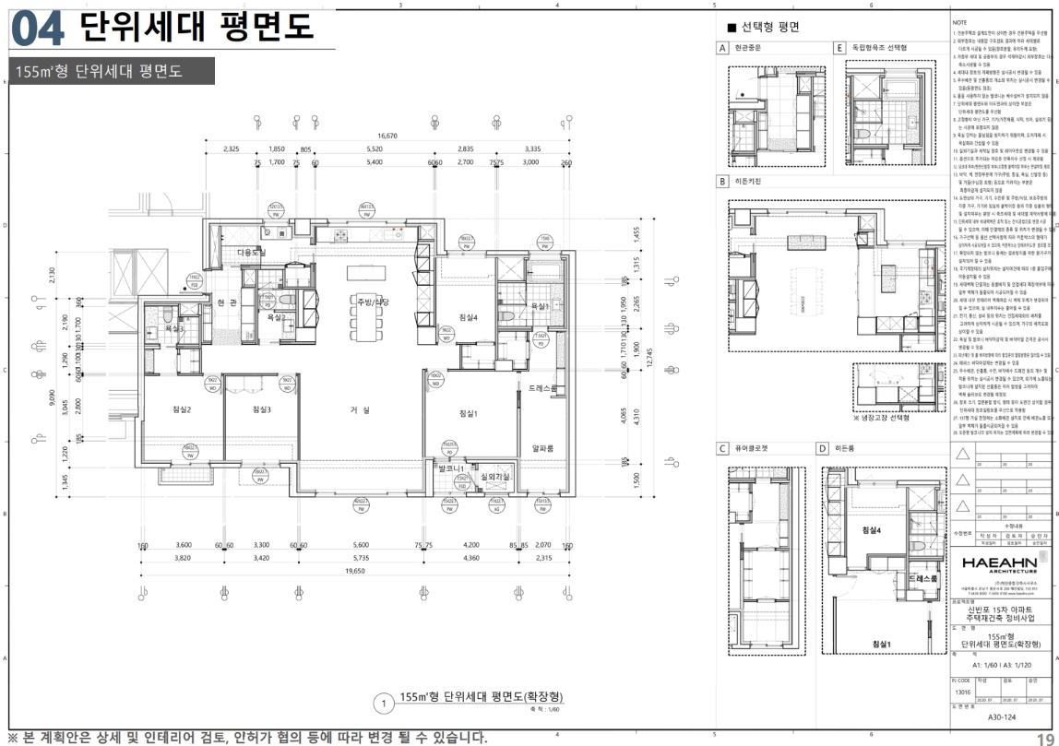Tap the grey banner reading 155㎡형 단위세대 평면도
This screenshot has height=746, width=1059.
(x=111, y=71)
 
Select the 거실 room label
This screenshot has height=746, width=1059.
(x=360, y=410)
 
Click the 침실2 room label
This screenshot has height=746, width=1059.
(x=182, y=409)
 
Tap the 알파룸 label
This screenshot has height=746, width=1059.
(x=541, y=449)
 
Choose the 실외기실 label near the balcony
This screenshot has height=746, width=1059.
(x=496, y=477)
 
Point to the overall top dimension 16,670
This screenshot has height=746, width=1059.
(x=387, y=136)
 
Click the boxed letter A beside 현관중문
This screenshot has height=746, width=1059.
(x=724, y=48)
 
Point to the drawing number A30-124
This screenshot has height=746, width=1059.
(x=1005, y=716)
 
